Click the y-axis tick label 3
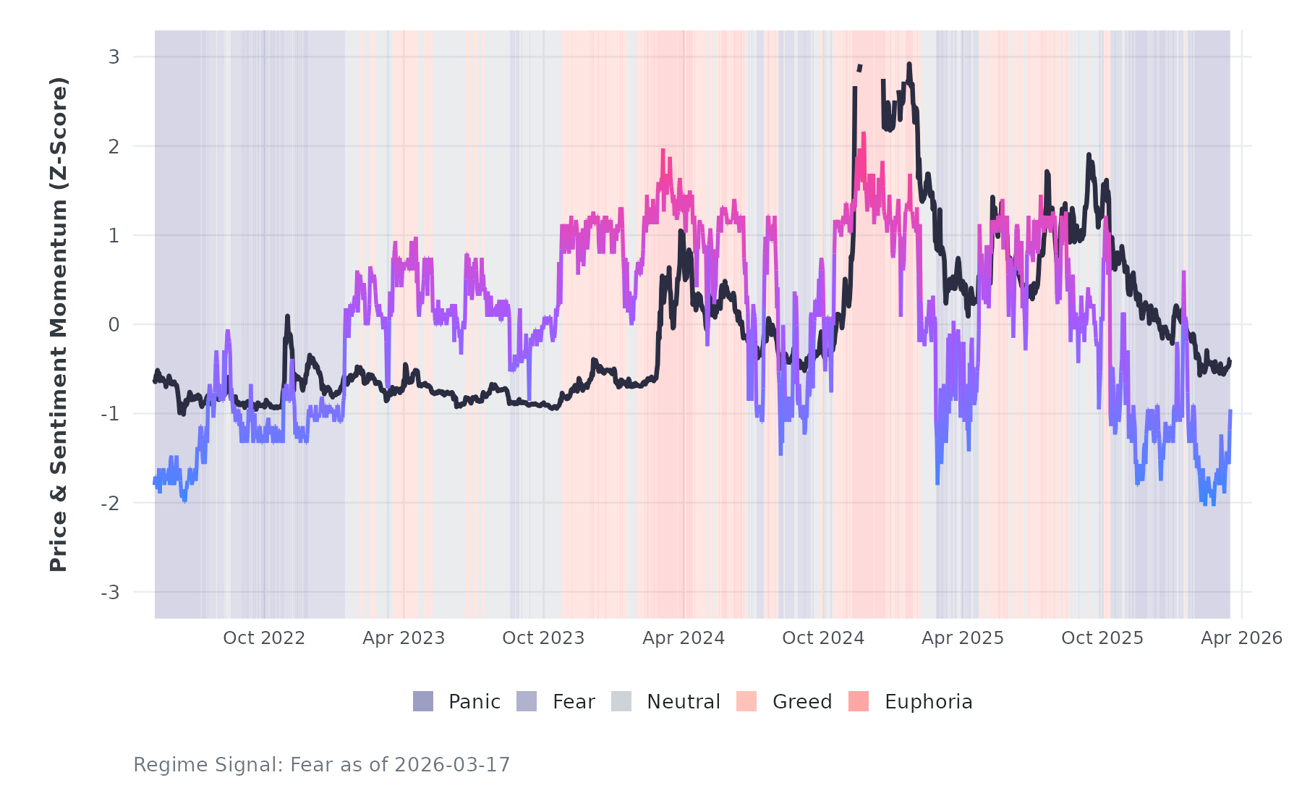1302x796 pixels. (114, 56)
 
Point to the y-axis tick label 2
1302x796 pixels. (114, 146)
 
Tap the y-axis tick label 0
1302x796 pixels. (114, 325)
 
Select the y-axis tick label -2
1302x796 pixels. (110, 503)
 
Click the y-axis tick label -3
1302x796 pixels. (110, 593)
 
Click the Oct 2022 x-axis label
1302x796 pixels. (264, 638)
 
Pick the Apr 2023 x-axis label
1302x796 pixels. (404, 638)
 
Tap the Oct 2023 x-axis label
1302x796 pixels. (543, 638)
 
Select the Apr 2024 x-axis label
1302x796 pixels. (684, 638)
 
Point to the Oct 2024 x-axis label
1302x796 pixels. (823, 638)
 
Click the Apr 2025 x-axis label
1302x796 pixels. (963, 638)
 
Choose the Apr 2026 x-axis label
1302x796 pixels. (1241, 638)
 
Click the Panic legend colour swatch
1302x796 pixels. (423, 701)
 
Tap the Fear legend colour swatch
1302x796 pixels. (527, 701)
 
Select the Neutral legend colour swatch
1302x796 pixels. (621, 701)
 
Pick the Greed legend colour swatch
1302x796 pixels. (746, 701)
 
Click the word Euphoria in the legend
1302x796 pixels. (928, 702)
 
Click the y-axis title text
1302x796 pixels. (59, 324)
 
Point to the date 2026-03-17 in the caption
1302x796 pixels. (452, 765)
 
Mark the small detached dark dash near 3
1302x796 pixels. (859, 68)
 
